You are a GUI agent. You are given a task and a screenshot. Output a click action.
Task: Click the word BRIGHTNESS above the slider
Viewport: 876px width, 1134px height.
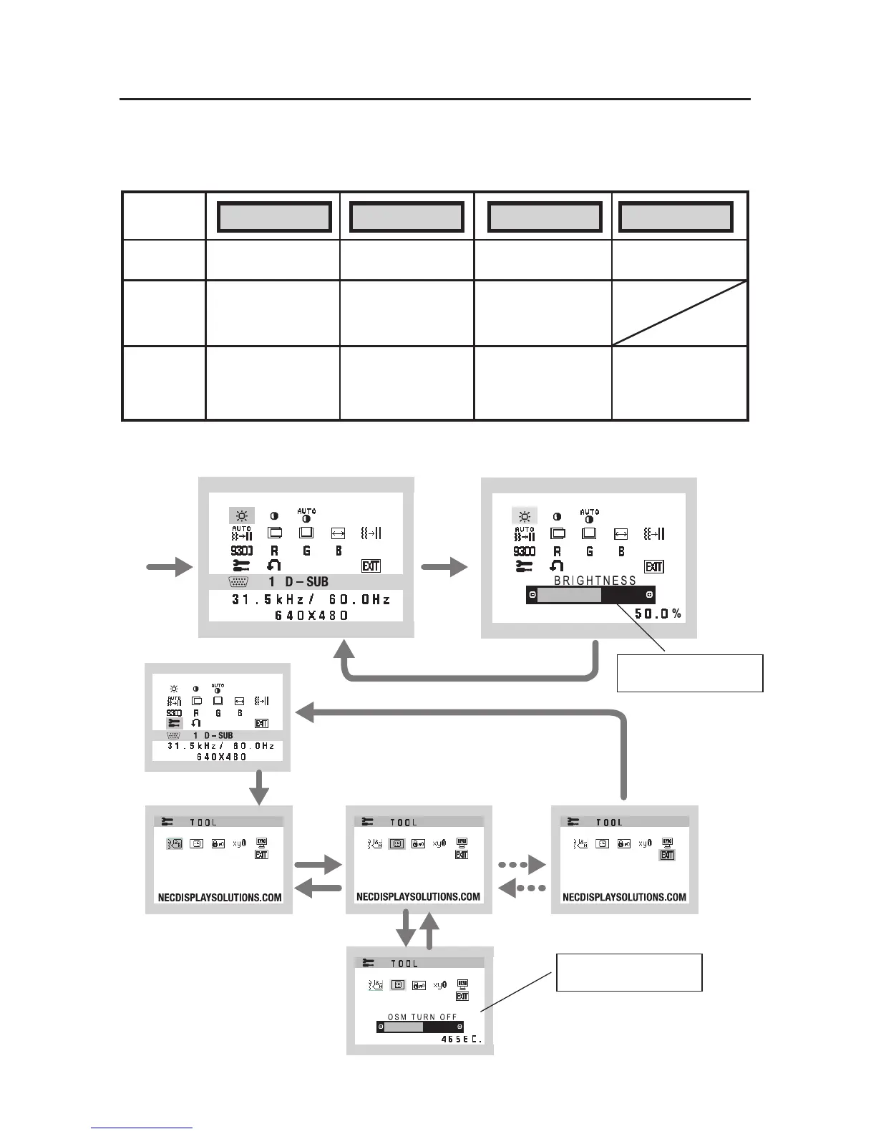[595, 581]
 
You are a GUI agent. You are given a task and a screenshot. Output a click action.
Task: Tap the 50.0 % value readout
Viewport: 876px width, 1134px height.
[658, 614]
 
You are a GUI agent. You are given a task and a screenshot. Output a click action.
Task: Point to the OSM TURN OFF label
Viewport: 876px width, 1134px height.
[422, 1017]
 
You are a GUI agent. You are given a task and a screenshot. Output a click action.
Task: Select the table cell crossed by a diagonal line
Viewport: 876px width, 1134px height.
[679, 314]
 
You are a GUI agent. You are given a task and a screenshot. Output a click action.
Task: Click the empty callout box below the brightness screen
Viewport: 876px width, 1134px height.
[690, 673]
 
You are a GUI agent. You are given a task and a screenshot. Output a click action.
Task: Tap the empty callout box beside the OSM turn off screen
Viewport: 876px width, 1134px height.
[629, 972]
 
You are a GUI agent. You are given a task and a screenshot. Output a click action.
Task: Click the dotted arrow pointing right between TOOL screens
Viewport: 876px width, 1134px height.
[522, 865]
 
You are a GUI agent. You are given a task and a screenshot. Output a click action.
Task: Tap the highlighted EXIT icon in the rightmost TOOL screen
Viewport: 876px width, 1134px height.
[667, 855]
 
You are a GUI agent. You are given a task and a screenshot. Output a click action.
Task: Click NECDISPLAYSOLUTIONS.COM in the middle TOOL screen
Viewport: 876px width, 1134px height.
[419, 897]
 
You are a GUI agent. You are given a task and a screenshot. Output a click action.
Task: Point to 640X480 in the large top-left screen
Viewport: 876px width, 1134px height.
[311, 615]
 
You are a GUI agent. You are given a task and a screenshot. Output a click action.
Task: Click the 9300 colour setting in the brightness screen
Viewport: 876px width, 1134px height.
[524, 551]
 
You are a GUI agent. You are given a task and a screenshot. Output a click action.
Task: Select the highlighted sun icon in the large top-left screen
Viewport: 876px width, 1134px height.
[241, 515]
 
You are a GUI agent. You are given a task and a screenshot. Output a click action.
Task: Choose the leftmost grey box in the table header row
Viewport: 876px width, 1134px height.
[274, 217]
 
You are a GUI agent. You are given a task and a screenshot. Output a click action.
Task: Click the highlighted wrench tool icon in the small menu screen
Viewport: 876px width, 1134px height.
[174, 724]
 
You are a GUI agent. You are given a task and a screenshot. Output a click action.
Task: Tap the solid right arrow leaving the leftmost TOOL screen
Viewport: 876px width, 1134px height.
[319, 865]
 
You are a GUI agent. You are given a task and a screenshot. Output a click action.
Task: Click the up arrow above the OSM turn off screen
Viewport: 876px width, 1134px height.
[429, 930]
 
